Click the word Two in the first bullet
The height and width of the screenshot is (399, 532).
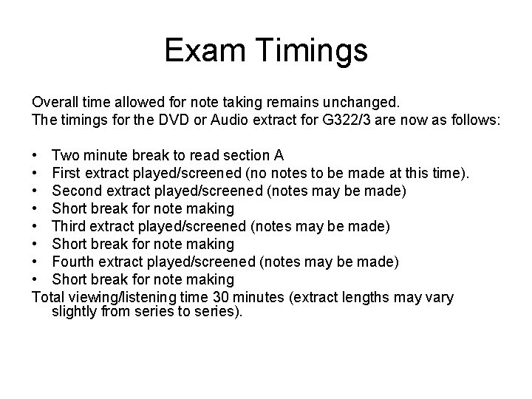66,155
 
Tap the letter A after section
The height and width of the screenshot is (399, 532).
279,155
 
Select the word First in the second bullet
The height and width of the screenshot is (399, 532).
66,173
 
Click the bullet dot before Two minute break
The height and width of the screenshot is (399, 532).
35,155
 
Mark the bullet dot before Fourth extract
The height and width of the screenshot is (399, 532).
35,262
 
